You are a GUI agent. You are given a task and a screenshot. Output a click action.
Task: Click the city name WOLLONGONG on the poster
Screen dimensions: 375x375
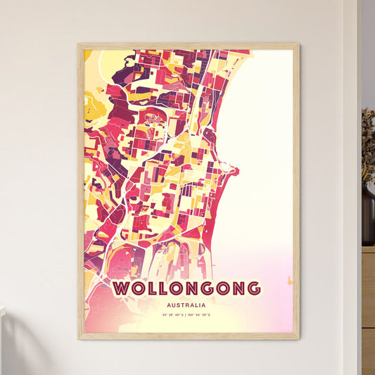click(x=186, y=288)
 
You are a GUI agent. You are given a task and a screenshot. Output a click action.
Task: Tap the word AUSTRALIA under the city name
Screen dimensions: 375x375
click(x=187, y=305)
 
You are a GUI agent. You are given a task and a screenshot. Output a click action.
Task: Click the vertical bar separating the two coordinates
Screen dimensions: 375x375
click(x=187, y=315)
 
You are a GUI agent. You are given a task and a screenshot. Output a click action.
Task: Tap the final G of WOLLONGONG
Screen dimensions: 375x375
click(x=253, y=288)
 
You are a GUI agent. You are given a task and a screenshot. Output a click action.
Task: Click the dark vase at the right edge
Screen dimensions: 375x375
click(x=368, y=215)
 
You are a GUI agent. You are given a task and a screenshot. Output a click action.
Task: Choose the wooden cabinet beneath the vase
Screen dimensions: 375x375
click(x=368, y=303)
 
